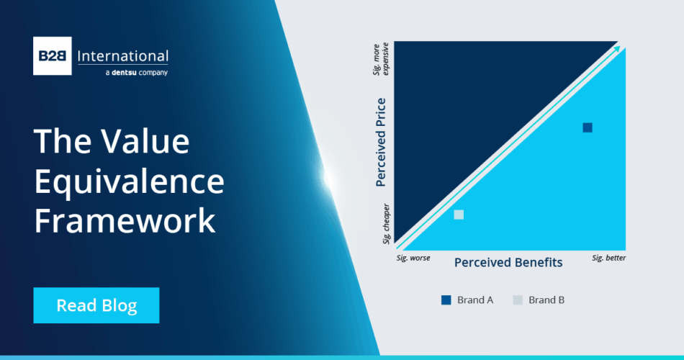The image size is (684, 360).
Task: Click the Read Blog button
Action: [x=96, y=305]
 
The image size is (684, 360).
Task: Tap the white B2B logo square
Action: [x=53, y=56]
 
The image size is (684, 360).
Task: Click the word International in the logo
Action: [x=122, y=56]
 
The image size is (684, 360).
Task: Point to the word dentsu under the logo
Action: [x=124, y=73]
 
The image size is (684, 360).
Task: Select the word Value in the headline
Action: [x=145, y=141]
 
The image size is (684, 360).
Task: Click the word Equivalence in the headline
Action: [x=129, y=181]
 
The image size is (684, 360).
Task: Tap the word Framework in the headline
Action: [x=125, y=221]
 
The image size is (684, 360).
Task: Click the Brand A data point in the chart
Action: [x=588, y=127]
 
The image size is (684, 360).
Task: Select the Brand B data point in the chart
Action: [x=459, y=215]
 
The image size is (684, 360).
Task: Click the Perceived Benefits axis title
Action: [x=508, y=262]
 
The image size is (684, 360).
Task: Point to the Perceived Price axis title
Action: [x=381, y=143]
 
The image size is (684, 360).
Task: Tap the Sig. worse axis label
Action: [x=413, y=258]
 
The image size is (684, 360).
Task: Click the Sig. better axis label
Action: [x=608, y=258]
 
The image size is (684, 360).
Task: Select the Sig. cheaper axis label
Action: [x=386, y=223]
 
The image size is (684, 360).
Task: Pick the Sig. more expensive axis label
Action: [x=381, y=59]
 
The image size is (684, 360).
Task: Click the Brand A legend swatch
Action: [x=446, y=300]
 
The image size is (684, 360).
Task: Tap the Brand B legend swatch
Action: [x=518, y=300]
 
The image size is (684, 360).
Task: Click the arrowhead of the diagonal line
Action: [x=617, y=49]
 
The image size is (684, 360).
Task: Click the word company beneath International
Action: [x=153, y=73]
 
